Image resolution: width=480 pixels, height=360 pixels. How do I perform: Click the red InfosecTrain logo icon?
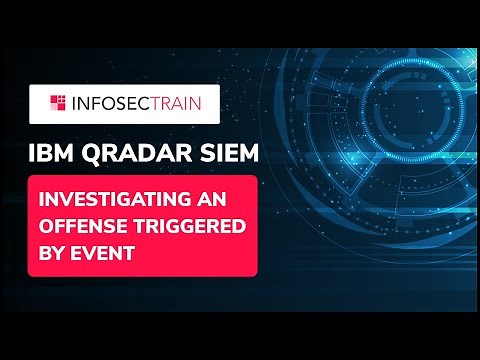coord(56,102)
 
